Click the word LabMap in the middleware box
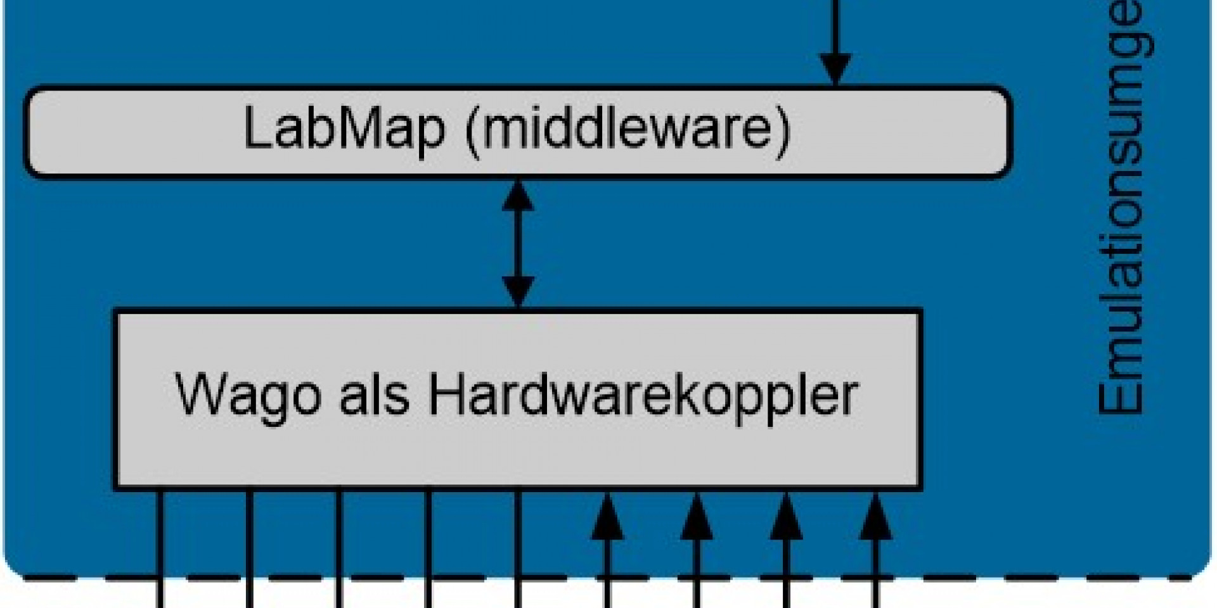(x=344, y=129)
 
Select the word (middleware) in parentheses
(x=628, y=130)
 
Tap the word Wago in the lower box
(x=248, y=396)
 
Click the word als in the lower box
(x=374, y=395)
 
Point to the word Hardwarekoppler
(x=643, y=396)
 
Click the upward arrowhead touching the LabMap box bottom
(x=518, y=198)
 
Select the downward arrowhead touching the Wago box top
(x=518, y=292)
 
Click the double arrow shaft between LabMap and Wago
(x=518, y=244)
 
